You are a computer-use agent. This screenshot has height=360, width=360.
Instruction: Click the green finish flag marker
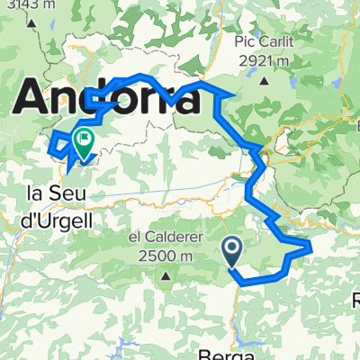[x=84, y=144]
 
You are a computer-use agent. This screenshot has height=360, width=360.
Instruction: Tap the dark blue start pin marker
[x=231, y=251]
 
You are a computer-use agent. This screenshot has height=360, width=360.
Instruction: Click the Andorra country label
[x=108, y=96]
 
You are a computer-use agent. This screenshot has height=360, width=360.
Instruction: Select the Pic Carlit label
[x=265, y=43]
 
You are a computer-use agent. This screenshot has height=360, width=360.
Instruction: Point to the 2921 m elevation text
[x=266, y=60]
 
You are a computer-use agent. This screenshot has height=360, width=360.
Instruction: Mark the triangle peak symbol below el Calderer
[x=166, y=274]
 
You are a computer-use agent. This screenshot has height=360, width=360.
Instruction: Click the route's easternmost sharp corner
[x=310, y=243]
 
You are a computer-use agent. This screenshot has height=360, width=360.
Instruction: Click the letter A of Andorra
[x=32, y=96]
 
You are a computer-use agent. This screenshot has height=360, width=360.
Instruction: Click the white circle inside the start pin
[x=231, y=246]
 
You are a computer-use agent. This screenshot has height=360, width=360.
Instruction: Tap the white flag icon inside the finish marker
[x=84, y=139]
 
